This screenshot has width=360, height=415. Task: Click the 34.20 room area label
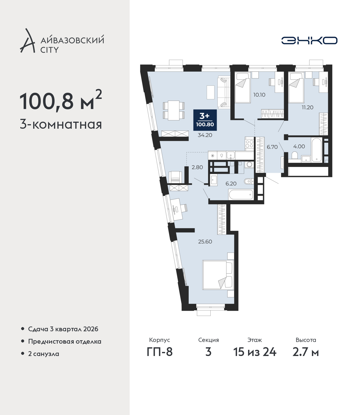(x=205, y=135)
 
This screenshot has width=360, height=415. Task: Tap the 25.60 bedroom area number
(x=205, y=242)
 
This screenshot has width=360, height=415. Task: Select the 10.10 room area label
(x=259, y=95)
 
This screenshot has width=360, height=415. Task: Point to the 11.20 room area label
(x=307, y=107)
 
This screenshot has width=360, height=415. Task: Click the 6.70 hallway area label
(x=272, y=147)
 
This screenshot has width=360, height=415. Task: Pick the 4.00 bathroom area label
(x=299, y=146)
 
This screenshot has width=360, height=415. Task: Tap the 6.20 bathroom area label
(x=231, y=183)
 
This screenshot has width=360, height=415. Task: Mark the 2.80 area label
(x=197, y=167)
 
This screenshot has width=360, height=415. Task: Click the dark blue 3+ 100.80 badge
(x=205, y=120)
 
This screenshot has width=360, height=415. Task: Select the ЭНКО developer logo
(x=309, y=40)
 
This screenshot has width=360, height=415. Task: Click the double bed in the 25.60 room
(x=218, y=275)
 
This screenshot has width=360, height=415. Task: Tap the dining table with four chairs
(x=174, y=110)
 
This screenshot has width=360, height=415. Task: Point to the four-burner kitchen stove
(x=249, y=144)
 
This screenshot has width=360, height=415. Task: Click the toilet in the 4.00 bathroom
(x=295, y=155)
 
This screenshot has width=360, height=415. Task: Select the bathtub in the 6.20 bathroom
(x=241, y=194)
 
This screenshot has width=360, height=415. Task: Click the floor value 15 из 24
(x=255, y=352)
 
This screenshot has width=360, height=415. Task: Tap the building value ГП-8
(x=159, y=352)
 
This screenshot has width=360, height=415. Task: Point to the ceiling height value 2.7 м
(x=305, y=352)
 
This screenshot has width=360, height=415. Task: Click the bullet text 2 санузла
(x=44, y=354)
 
